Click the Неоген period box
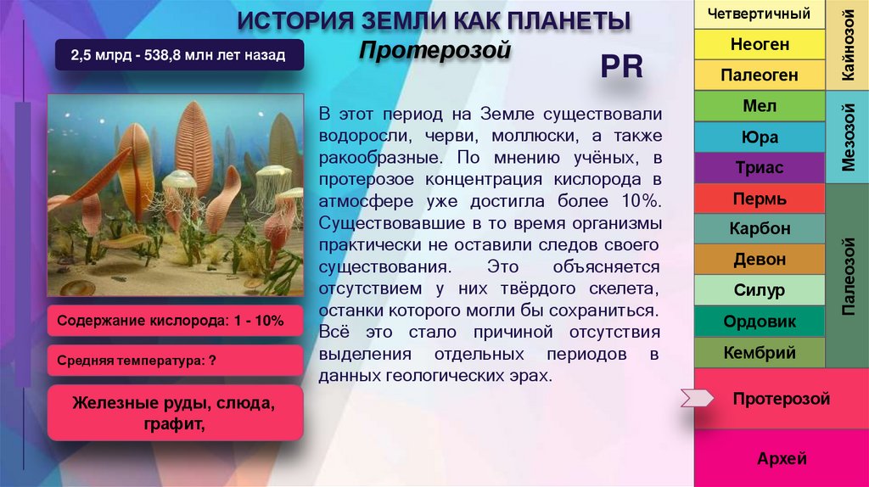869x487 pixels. coord(760,44)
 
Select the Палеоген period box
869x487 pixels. coord(760,75)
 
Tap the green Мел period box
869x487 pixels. coord(760,106)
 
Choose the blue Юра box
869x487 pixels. coord(760,137)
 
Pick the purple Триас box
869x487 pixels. coord(760,168)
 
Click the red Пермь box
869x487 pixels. coord(760,199)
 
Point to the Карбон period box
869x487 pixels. coord(760,229)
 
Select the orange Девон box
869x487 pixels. coord(760,260)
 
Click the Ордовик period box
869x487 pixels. coord(760,322)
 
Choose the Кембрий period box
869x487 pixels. coord(760,352)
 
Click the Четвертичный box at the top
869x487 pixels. coord(760,14)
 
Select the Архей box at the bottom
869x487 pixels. coord(782,459)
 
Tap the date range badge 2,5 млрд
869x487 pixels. coord(177,57)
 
